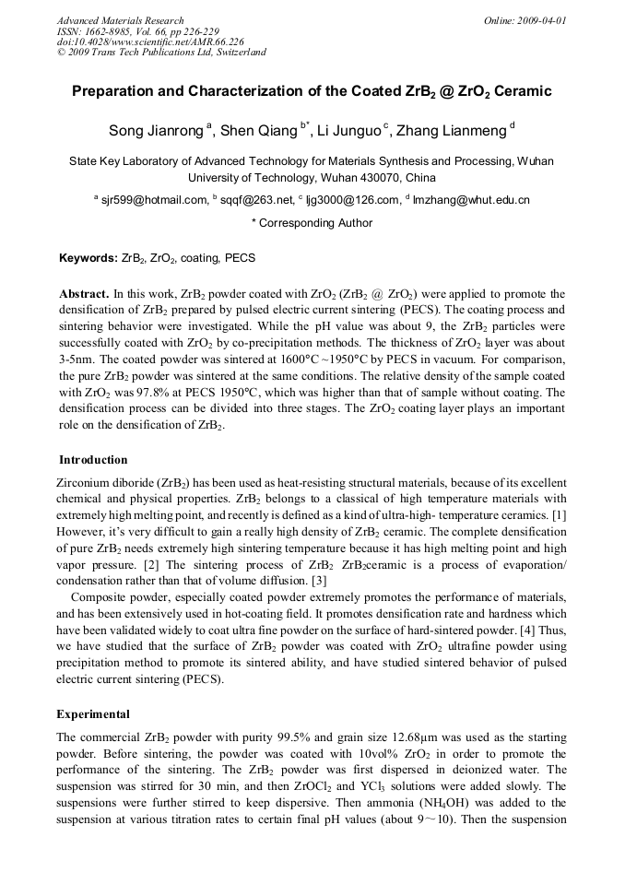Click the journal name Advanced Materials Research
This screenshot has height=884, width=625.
pyautogui.click(x=120, y=20)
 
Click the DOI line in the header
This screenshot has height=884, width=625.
pyautogui.click(x=150, y=41)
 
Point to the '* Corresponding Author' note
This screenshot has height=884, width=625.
pyautogui.click(x=312, y=223)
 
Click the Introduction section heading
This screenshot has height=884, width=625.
pyautogui.click(x=93, y=460)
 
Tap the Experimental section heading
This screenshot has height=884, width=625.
pyautogui.click(x=93, y=714)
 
